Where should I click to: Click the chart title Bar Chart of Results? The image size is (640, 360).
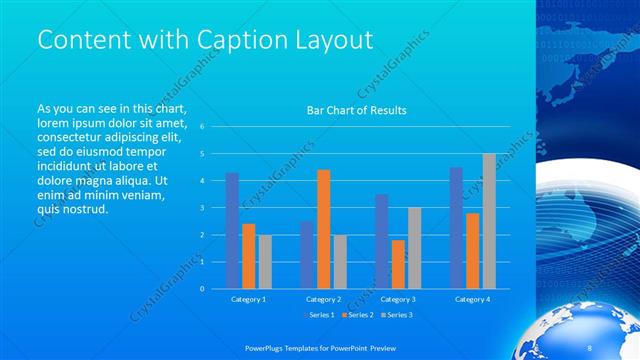(x=356, y=110)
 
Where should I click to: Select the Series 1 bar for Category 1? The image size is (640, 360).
(x=232, y=231)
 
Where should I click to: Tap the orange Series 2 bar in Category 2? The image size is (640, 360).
(x=323, y=229)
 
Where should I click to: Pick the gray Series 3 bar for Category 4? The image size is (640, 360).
(x=489, y=221)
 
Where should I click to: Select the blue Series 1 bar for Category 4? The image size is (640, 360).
(x=456, y=228)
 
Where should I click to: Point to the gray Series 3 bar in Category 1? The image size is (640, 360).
(x=264, y=262)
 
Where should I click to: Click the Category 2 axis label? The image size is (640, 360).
(x=323, y=299)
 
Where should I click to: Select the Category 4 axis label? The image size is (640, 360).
(x=472, y=299)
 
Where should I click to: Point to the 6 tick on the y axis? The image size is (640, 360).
(x=202, y=127)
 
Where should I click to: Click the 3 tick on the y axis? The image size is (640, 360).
(x=202, y=208)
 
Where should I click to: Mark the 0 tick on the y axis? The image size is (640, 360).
(x=202, y=289)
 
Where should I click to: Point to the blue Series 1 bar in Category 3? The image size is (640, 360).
(x=381, y=241)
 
